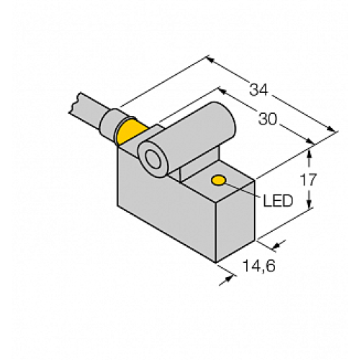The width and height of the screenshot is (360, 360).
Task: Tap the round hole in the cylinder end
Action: [153, 159]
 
